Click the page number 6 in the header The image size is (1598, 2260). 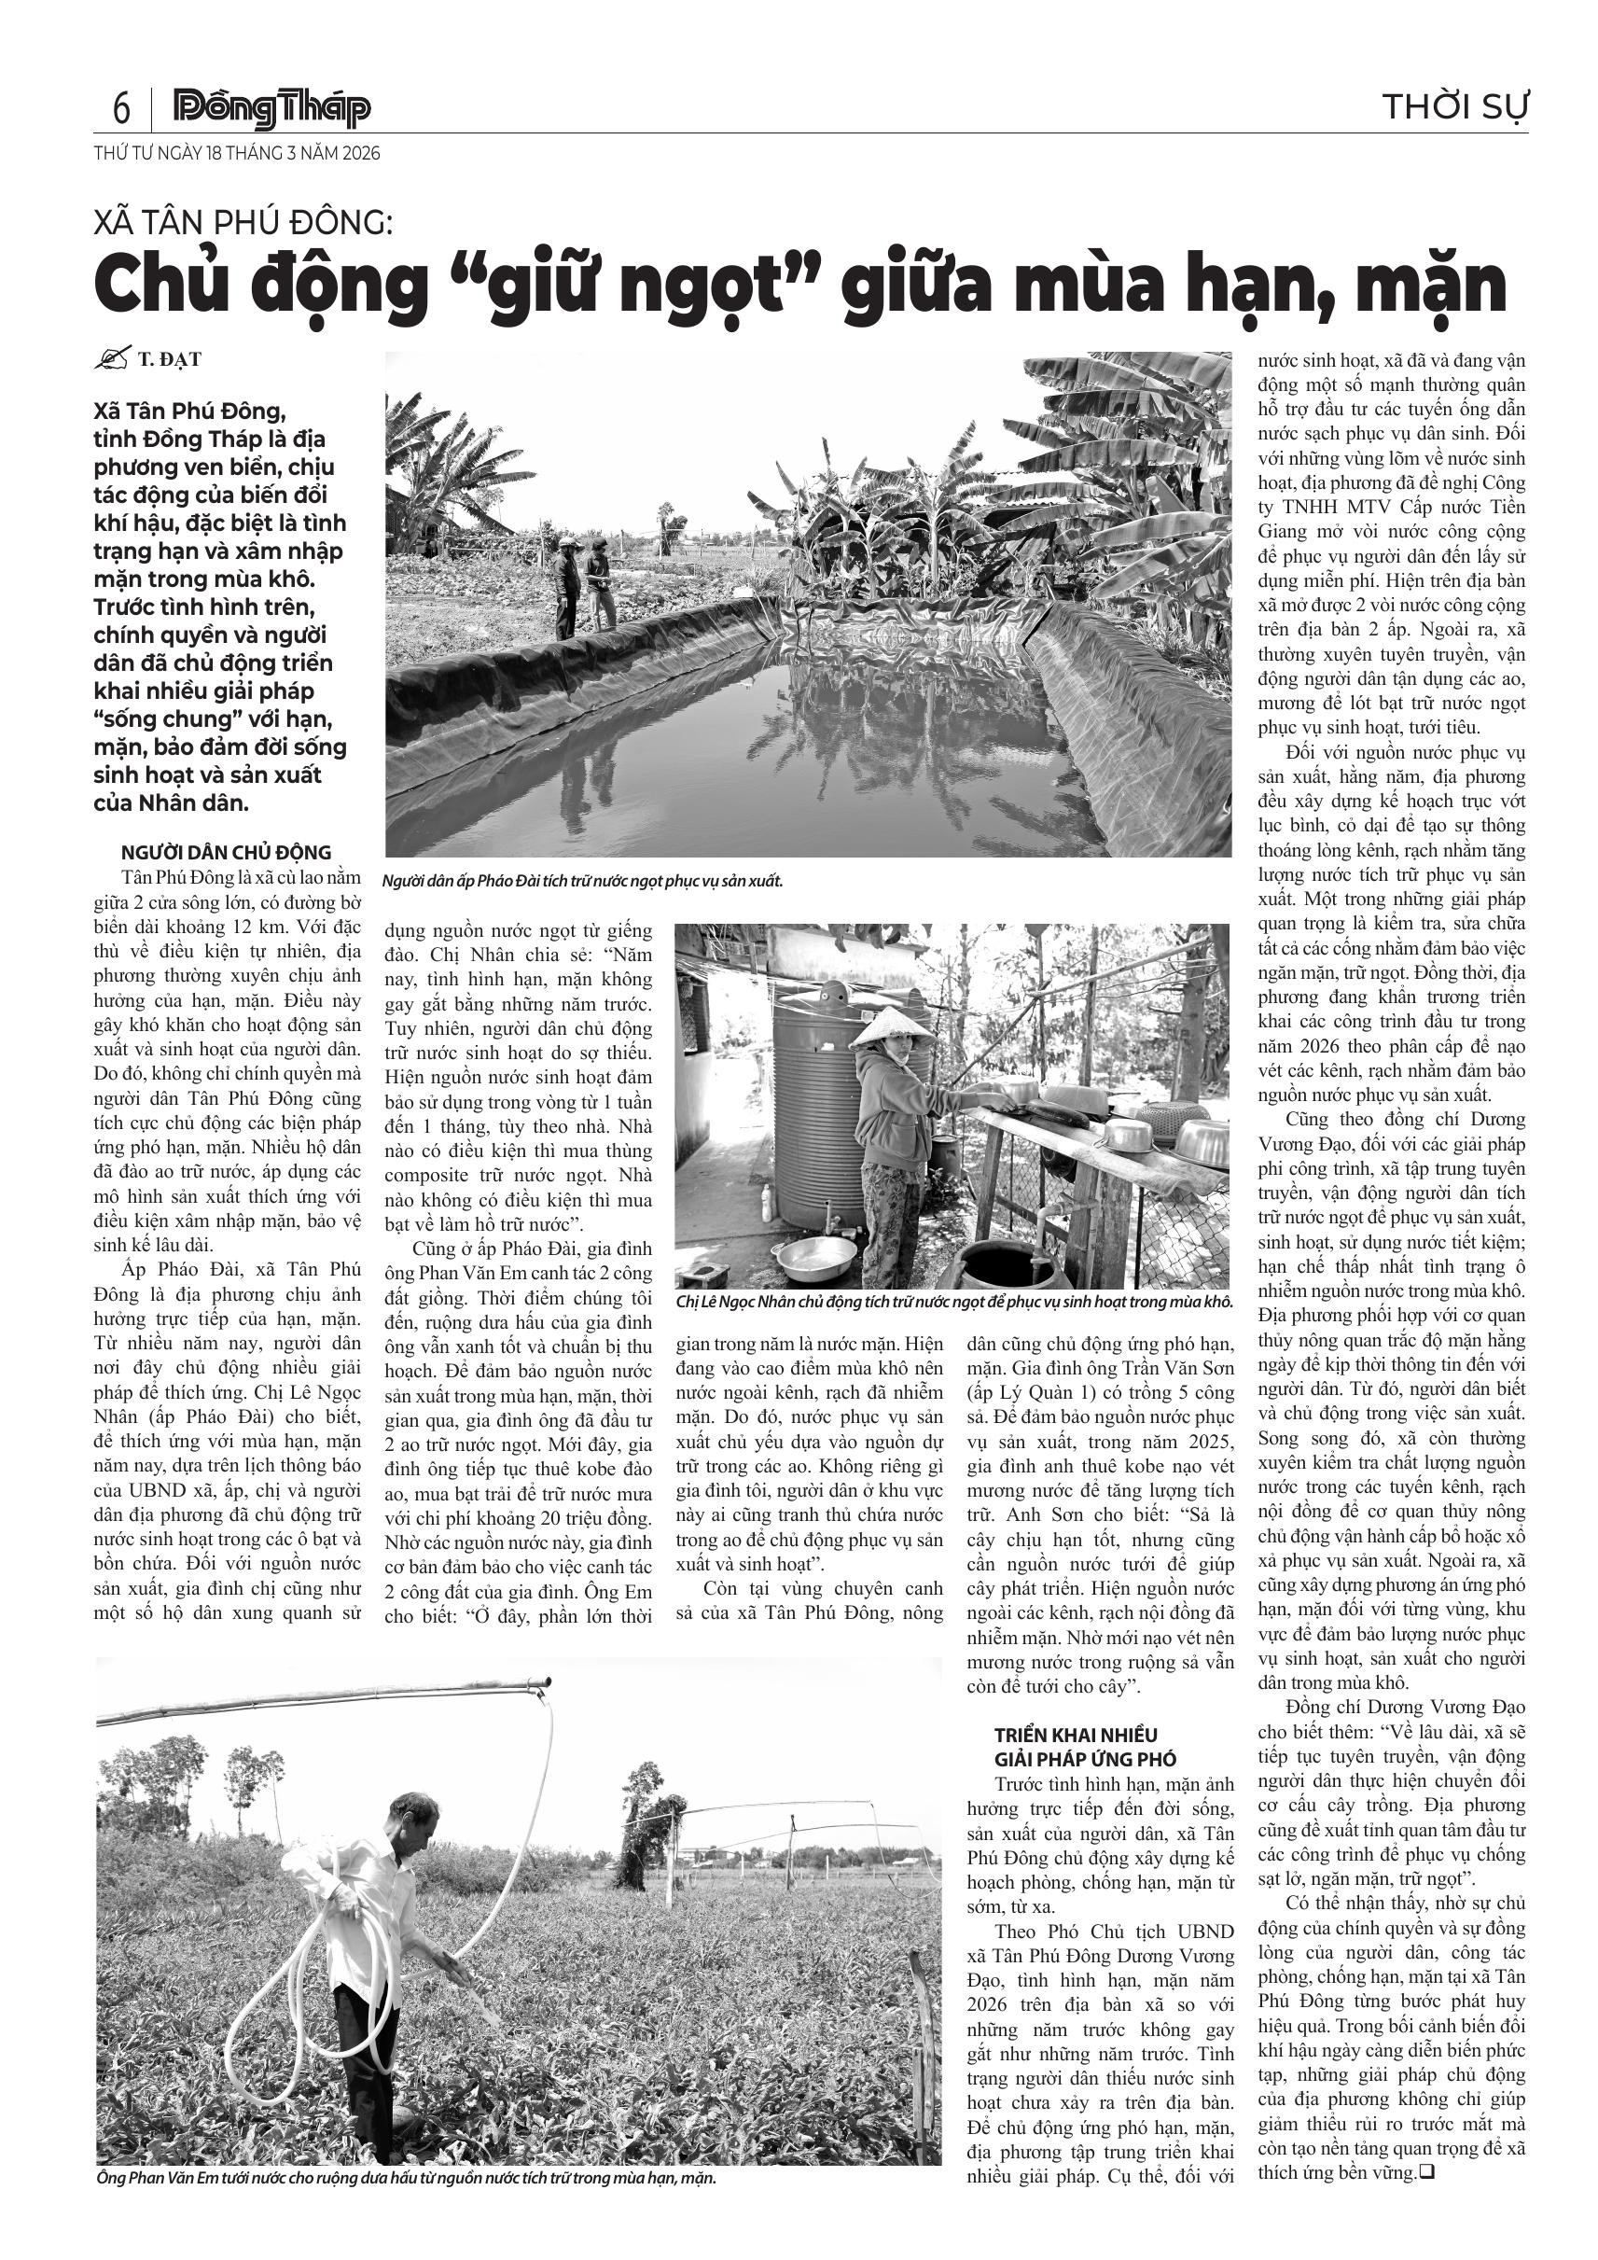click(x=121, y=107)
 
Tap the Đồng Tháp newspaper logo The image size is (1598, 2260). click(x=271, y=108)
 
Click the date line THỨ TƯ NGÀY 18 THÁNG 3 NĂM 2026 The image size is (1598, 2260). click(x=237, y=154)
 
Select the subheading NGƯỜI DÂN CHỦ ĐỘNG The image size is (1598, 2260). click(x=227, y=853)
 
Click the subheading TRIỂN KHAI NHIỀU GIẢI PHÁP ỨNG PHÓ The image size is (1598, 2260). click(x=1076, y=1746)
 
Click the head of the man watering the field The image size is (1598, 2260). click(x=413, y=1812)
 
